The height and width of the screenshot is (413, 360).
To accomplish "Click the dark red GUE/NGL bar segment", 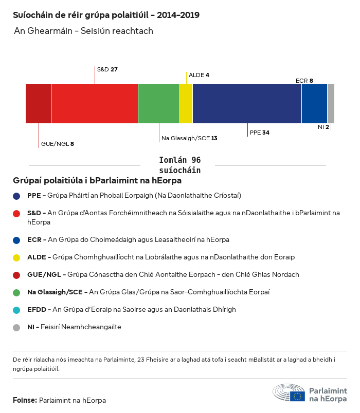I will [x=38, y=104].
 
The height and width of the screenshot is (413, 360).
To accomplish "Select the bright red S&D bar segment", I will [x=95, y=104].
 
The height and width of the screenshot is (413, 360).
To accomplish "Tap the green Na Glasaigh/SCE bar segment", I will [x=159, y=104].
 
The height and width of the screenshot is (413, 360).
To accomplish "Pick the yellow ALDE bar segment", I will [x=186, y=104].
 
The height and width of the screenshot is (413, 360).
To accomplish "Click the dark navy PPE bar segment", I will [x=247, y=104].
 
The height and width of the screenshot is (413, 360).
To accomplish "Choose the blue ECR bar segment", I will [x=314, y=104].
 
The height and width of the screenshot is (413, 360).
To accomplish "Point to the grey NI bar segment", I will [x=331, y=104].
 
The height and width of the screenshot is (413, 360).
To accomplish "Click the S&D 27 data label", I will [x=107, y=69].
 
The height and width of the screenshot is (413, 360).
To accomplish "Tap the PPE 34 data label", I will [x=259, y=133].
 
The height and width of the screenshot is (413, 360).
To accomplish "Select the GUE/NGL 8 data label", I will [x=58, y=144].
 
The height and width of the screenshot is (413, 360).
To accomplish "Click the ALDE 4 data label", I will [x=199, y=75].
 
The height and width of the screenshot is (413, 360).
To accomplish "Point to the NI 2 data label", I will [x=323, y=126].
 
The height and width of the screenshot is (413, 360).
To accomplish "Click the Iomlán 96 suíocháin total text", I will [x=179, y=165].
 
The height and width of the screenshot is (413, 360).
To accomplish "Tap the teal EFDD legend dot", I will [x=17, y=310].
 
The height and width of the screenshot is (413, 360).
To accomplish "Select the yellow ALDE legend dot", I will [x=17, y=257].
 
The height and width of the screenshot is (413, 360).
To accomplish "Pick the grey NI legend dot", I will [x=17, y=327].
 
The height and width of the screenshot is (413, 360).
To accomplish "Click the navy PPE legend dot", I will [x=17, y=196].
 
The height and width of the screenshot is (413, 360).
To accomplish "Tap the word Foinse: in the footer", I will [x=25, y=400].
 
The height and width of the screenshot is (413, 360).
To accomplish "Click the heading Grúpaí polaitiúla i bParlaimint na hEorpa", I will [x=97, y=181].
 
